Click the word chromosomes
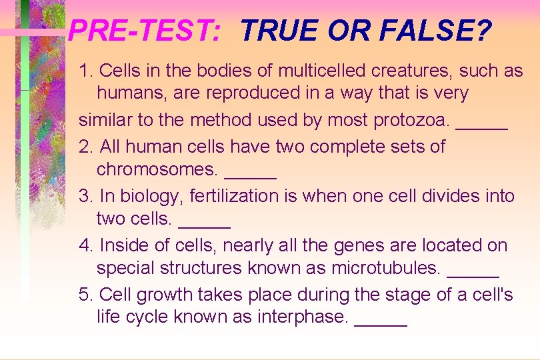[x=157, y=170]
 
